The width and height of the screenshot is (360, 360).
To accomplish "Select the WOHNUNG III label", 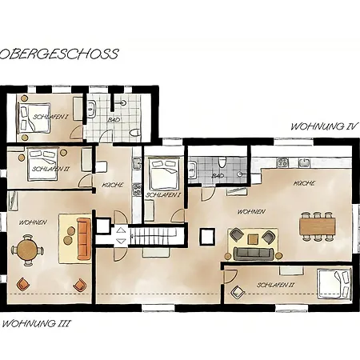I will [x=37, y=324].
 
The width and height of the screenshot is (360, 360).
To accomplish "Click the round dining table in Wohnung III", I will [x=27, y=250].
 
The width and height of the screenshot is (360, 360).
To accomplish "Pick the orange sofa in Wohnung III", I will [x=82, y=239].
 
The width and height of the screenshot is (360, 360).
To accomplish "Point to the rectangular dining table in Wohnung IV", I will [x=318, y=226].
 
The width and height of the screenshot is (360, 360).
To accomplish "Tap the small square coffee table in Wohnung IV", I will [x=254, y=238].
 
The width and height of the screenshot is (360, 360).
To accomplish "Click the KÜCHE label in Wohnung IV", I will [x=303, y=183].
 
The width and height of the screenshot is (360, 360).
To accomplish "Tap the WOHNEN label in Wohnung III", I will [x=33, y=221].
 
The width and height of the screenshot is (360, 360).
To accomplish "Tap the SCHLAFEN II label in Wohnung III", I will [x=49, y=170].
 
